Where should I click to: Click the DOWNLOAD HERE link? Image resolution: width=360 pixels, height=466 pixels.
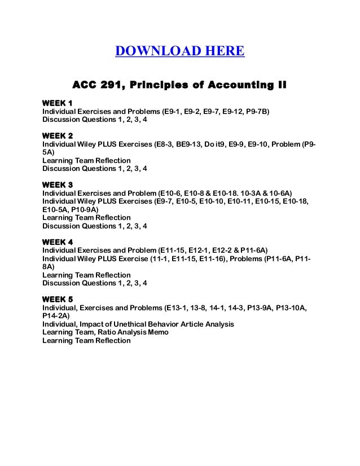coord(179,52)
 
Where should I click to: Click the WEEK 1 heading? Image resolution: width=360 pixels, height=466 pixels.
coord(58,103)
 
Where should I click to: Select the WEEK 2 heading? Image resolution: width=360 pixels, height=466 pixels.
coord(58,136)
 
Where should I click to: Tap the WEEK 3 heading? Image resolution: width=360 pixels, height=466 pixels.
coord(58,184)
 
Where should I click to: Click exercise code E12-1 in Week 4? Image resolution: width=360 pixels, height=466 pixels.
coord(197,250)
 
